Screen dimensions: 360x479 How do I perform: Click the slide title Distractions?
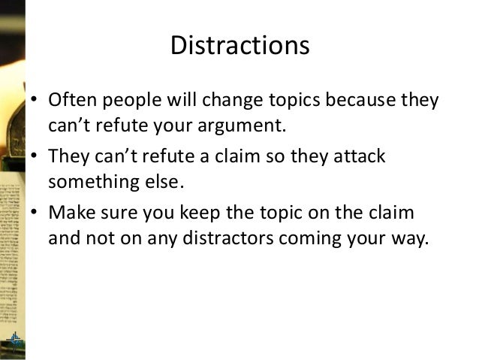tap(239, 46)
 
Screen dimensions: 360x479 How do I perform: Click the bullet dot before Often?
tap(35, 101)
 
